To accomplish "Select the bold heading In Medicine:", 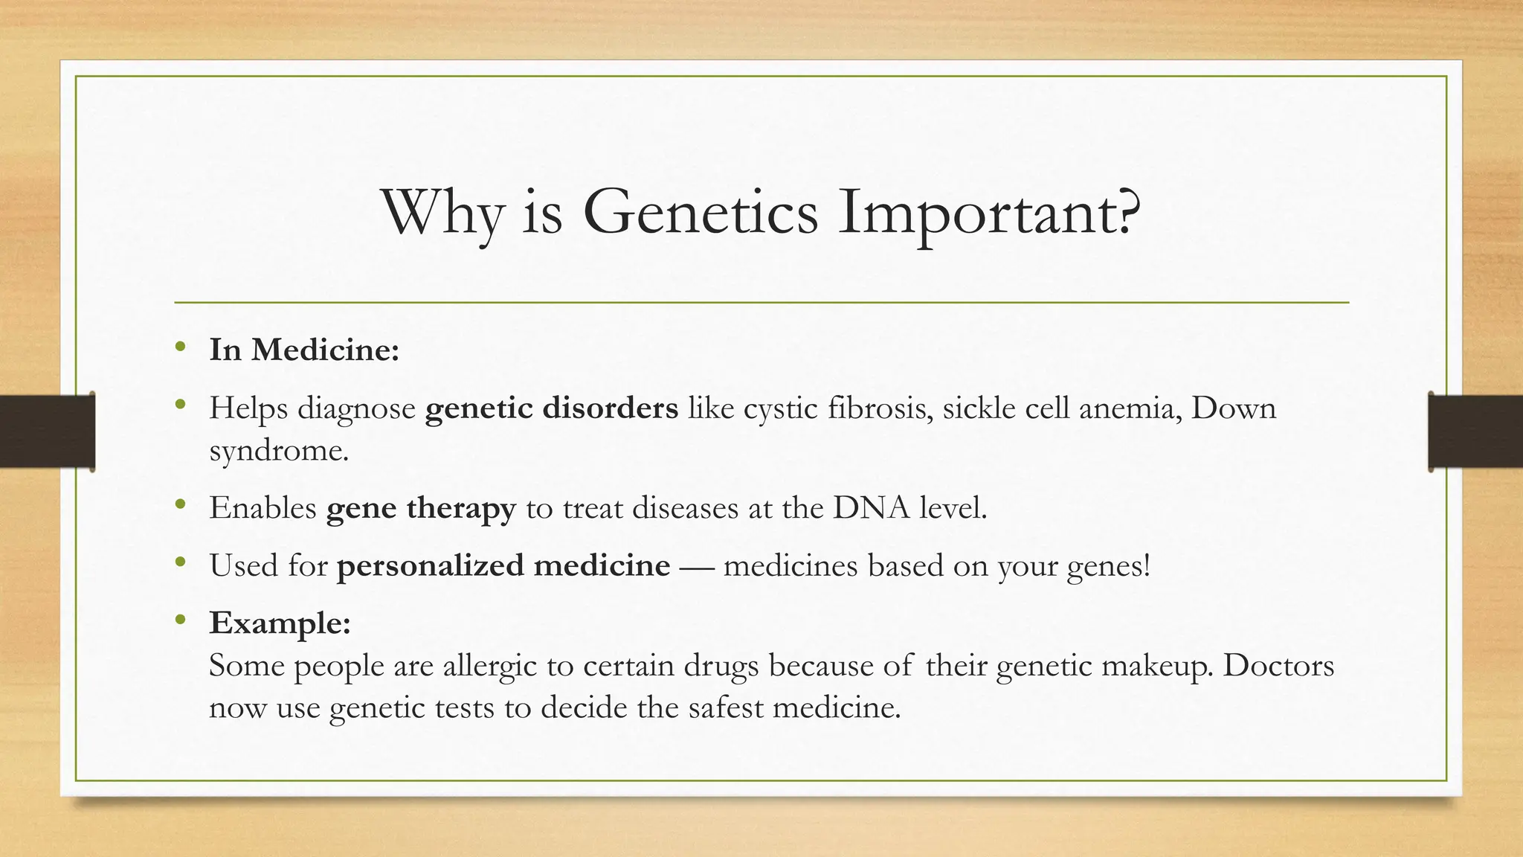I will (x=304, y=350).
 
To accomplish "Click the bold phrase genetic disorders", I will (x=551, y=408).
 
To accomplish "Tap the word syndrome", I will (x=278, y=450).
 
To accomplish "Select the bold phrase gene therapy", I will (x=420, y=508).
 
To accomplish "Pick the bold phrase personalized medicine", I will (x=503, y=565).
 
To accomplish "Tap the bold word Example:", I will (x=280, y=623).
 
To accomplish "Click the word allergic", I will (x=489, y=665).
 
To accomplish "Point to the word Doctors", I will (x=1278, y=664).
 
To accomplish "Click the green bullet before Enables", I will (x=180, y=506).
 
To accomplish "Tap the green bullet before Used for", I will (x=180, y=563).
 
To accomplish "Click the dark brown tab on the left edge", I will (x=47, y=431).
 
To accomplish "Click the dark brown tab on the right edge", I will (x=1475, y=431).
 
